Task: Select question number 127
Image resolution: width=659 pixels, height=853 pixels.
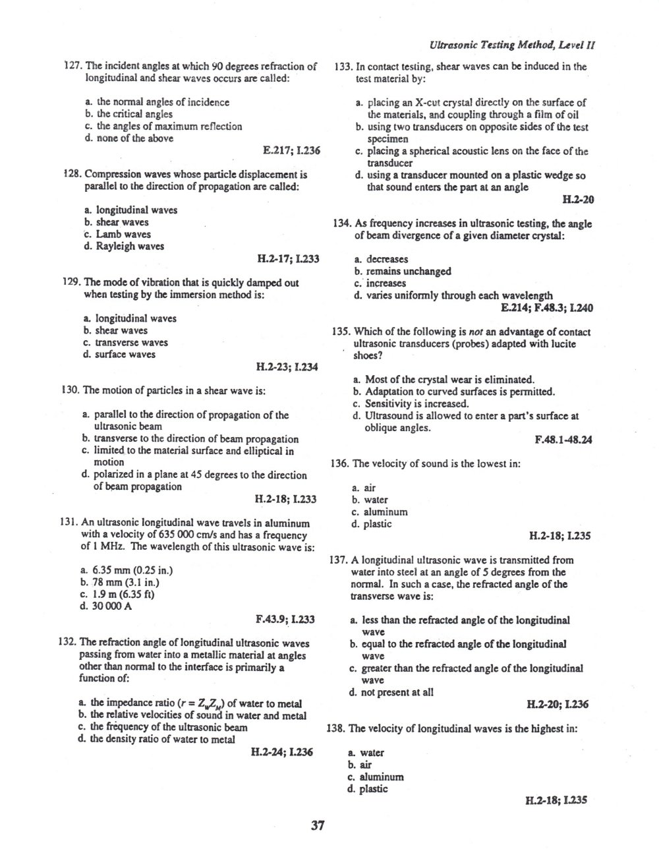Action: point(71,66)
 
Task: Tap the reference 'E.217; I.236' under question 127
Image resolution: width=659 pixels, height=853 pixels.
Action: point(291,150)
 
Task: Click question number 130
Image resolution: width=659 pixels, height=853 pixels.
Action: point(70,390)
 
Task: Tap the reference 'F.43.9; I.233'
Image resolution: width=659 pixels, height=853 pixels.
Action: point(285,619)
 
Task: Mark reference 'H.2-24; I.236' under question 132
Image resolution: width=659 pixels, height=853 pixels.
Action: point(282,751)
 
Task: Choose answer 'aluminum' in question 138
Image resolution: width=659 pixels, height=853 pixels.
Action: point(382,777)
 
